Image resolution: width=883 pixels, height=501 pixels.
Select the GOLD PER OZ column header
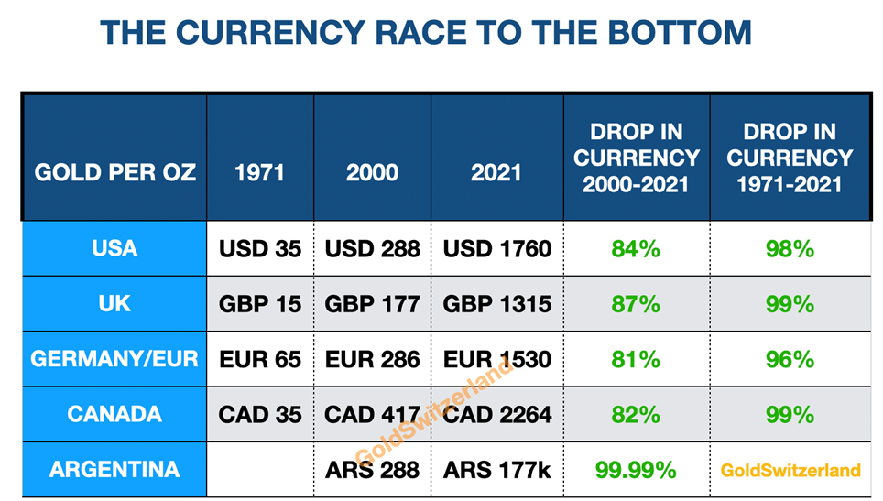(114, 172)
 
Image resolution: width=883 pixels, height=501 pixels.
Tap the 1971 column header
(260, 172)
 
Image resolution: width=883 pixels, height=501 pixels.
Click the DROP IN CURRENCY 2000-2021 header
(637, 158)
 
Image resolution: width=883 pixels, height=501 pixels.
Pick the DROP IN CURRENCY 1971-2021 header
(790, 158)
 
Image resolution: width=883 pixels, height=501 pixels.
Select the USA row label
(114, 248)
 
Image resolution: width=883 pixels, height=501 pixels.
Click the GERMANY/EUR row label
(114, 358)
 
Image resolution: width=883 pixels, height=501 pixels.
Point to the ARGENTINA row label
(114, 470)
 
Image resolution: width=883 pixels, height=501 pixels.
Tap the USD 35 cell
(260, 248)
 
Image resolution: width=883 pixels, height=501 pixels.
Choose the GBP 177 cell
(372, 303)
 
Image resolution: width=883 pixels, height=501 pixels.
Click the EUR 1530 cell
(497, 358)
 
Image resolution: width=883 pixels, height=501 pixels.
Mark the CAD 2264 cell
(497, 414)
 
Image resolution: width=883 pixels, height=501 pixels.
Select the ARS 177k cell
(497, 470)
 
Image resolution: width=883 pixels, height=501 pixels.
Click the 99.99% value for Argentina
(637, 470)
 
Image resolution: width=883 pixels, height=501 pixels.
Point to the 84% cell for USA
(637, 248)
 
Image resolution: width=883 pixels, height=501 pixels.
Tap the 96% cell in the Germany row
(790, 358)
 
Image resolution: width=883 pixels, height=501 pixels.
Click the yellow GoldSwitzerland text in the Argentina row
(790, 470)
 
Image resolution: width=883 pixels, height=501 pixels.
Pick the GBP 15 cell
(260, 303)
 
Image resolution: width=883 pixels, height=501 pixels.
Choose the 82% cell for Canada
(637, 414)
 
